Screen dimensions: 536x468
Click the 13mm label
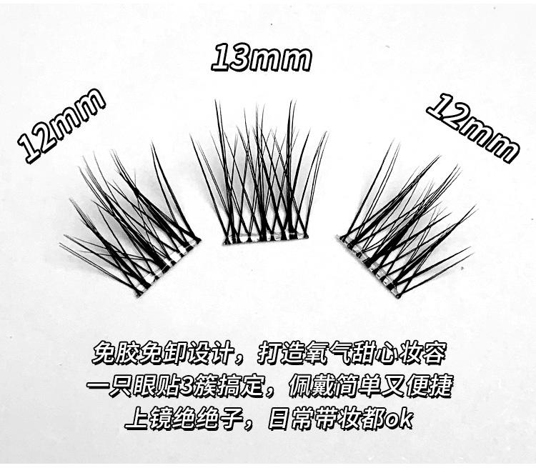[261, 59]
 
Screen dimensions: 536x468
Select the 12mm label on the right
[472, 126]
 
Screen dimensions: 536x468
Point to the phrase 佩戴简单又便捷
[369, 386]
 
